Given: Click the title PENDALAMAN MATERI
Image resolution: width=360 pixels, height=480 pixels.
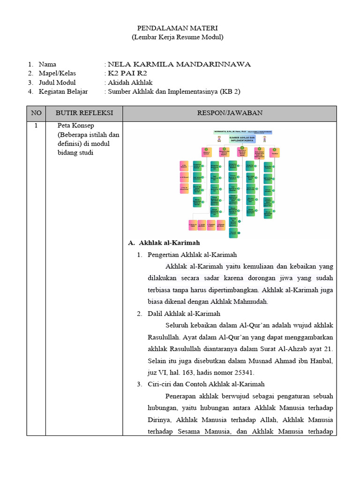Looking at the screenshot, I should [x=178, y=29].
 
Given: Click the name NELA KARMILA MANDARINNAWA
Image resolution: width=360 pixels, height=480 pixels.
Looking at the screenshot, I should [x=179, y=64].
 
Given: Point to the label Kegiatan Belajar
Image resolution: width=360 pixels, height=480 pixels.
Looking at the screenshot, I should [x=63, y=91].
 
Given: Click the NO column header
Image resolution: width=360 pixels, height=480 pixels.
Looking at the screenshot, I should [x=36, y=113].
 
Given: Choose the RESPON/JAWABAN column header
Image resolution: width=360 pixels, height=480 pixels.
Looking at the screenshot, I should [x=230, y=113].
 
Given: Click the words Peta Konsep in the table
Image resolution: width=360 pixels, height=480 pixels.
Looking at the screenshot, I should [x=75, y=126].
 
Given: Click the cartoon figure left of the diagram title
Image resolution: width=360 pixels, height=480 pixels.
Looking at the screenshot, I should [x=220, y=139].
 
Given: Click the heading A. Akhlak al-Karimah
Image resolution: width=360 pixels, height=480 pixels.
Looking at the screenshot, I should [x=164, y=243].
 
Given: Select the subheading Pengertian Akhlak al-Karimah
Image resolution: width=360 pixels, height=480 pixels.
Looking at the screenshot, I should [x=192, y=255].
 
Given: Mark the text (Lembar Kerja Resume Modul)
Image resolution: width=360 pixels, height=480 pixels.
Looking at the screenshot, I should [x=178, y=37].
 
